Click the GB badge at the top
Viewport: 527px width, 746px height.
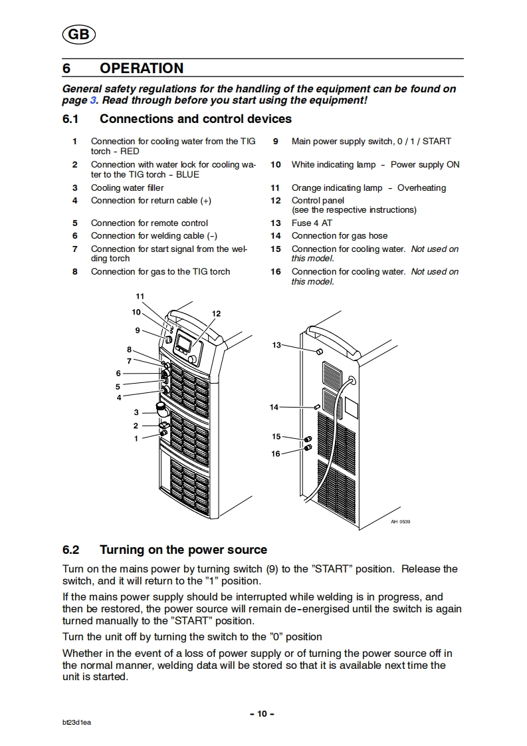point(78,36)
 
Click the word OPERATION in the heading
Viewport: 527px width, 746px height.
point(141,68)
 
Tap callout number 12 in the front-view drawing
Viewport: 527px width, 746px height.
point(216,314)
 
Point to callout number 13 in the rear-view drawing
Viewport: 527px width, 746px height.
point(276,344)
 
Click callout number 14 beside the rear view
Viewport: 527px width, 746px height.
point(274,407)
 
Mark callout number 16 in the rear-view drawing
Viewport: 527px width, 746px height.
point(276,453)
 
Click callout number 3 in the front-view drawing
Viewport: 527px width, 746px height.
point(136,412)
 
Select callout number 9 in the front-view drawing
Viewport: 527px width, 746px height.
point(138,330)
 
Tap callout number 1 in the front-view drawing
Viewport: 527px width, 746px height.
point(136,438)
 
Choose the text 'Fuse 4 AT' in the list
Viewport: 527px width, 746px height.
point(312,223)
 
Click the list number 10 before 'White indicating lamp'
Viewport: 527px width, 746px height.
point(276,164)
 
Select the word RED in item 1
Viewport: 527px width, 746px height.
point(130,151)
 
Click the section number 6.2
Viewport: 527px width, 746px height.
point(70,550)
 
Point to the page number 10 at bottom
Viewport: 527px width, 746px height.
point(262,713)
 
